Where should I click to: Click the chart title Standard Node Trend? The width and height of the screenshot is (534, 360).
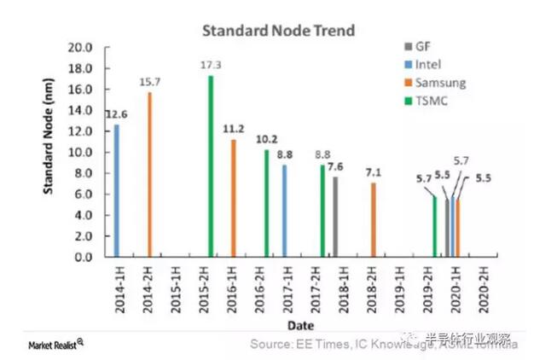278,31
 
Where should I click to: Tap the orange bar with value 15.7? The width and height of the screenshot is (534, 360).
150,174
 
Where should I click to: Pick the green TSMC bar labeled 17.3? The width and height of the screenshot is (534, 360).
211,165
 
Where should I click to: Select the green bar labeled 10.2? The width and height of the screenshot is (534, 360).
266,203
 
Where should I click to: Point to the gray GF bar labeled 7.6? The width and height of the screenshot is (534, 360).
335,217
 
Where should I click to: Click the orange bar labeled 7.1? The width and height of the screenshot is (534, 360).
373,219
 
